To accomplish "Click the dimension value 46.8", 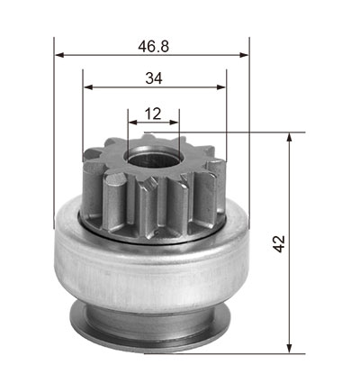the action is [154, 47].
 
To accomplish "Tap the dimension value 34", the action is [154, 78].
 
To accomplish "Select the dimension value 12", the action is [153, 114].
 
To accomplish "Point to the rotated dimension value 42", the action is [279, 244].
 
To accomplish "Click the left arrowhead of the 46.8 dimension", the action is [59, 55].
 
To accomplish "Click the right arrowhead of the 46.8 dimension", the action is [244, 55].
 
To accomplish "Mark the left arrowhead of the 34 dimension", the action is [88, 87].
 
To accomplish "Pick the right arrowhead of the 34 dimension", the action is [220, 87].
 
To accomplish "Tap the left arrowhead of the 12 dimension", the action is [133, 123].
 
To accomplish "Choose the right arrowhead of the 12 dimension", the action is [174, 123].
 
